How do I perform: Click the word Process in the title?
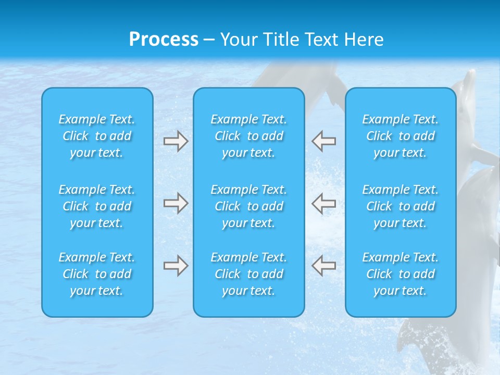(164, 40)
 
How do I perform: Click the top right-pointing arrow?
(176, 141)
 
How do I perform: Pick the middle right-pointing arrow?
(176, 203)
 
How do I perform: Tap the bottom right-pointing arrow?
(176, 266)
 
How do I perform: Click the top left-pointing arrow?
(324, 141)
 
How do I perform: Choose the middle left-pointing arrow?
(324, 203)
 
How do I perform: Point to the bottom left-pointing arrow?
(324, 266)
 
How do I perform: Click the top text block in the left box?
(97, 136)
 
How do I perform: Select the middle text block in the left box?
(97, 206)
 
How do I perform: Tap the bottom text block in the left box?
(97, 274)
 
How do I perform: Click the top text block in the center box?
(249, 136)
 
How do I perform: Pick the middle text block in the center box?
(249, 206)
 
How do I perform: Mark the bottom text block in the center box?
(249, 274)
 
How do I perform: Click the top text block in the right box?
(401, 136)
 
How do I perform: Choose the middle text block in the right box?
(401, 206)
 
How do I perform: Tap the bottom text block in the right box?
(401, 274)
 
